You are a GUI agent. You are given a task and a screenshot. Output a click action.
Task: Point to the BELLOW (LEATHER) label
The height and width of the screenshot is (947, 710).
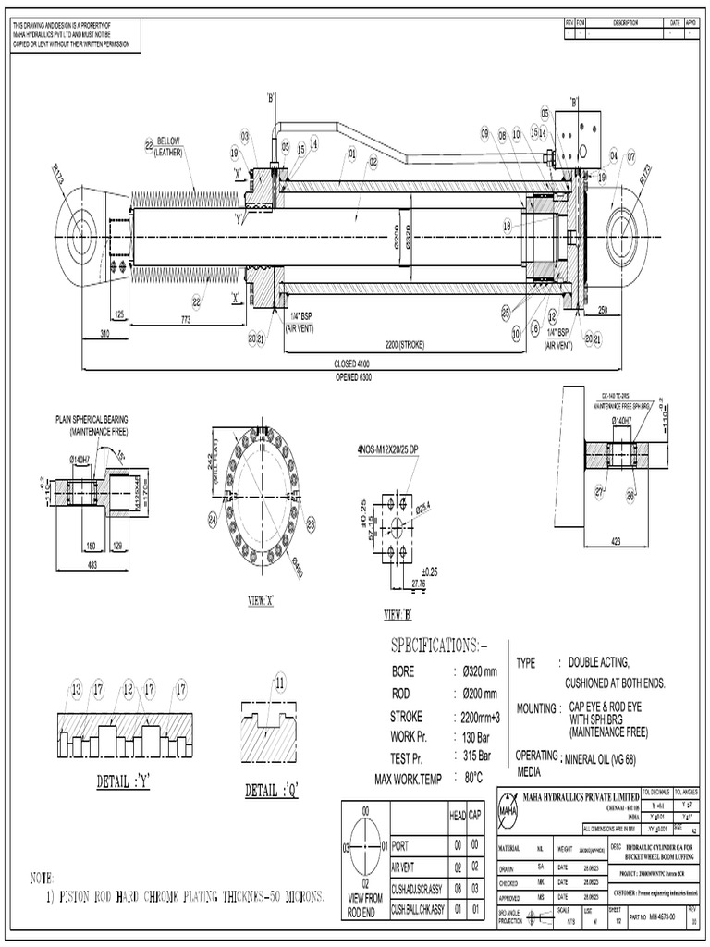point(173,146)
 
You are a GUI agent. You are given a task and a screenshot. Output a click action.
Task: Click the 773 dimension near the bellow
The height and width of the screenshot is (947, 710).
point(186,318)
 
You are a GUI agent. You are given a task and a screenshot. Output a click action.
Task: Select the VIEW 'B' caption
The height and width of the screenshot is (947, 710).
point(398,615)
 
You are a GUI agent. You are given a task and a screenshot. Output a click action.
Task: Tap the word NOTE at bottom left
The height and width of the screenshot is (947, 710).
point(42,876)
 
